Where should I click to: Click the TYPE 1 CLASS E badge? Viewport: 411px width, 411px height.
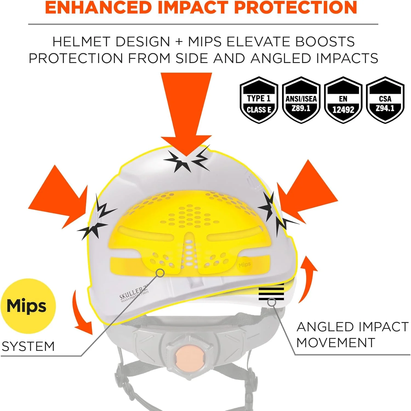tap(259, 100)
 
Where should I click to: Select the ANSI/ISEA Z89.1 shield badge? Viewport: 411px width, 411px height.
tap(301, 100)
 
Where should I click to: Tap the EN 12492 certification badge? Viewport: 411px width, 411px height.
tap(343, 100)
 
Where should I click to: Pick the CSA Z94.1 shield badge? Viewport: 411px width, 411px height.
tap(385, 100)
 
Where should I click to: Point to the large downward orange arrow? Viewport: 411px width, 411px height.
tap(186, 112)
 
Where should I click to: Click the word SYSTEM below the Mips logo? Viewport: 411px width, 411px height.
tap(28, 346)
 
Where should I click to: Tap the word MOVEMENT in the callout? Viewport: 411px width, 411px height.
tap(336, 343)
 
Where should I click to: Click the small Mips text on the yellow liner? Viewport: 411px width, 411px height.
tap(244, 265)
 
